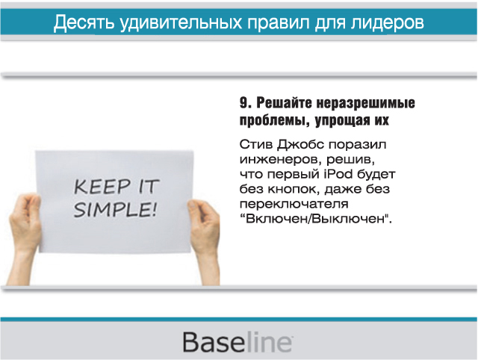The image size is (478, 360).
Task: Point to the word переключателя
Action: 294,204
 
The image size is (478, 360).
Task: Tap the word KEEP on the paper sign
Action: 102,187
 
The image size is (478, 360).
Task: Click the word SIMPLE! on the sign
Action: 115,209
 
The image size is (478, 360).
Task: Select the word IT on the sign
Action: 149,186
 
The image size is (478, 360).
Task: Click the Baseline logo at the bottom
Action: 238,342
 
